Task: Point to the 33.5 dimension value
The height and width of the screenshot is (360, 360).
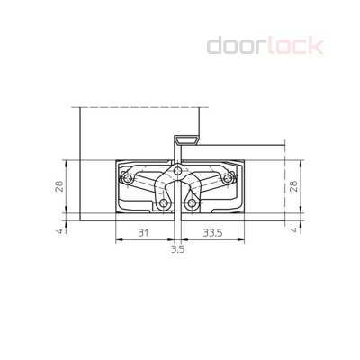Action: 213,232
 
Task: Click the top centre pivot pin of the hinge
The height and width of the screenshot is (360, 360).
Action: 178,170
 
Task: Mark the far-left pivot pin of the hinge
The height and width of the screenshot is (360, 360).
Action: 129,180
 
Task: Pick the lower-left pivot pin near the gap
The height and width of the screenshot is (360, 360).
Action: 165,204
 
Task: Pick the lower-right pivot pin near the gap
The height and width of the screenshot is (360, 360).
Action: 193,204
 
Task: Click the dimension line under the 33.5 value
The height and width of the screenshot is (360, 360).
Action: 213,240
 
